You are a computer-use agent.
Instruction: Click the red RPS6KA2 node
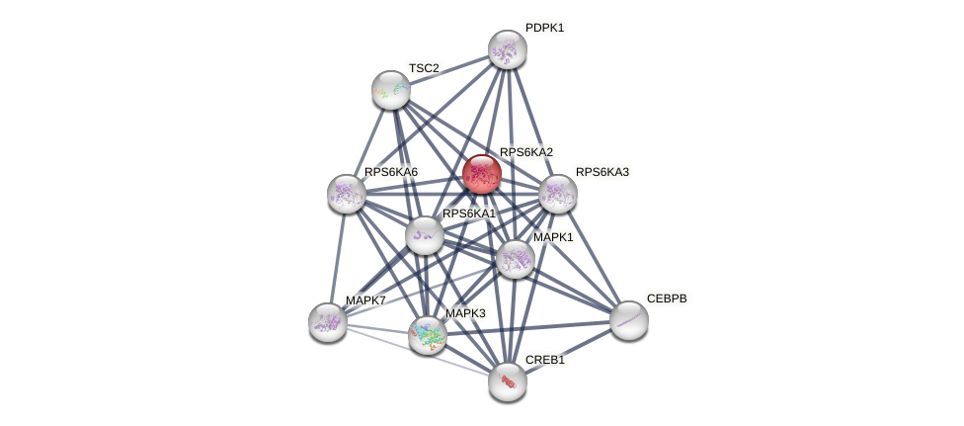[482, 174]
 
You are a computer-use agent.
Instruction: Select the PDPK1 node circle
[508, 49]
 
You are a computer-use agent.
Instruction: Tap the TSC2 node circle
[391, 90]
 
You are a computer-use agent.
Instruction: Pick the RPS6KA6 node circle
[347, 194]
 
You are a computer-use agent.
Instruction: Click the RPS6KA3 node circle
[558, 194]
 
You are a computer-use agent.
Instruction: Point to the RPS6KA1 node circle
[425, 235]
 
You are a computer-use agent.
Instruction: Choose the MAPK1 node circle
[516, 259]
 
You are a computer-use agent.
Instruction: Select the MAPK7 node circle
[328, 322]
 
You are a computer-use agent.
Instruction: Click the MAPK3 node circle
[428, 335]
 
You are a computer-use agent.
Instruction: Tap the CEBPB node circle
[629, 320]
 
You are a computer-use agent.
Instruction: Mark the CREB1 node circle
[508, 382]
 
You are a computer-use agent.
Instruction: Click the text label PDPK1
[544, 28]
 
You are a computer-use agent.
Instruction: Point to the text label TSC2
[424, 68]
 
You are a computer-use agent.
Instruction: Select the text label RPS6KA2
[526, 152]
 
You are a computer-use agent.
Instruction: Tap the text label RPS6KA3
[602, 172]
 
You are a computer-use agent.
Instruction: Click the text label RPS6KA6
[391, 172]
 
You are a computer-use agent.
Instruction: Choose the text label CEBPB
[667, 298]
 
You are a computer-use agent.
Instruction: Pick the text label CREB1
[545, 360]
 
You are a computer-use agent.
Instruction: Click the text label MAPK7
[365, 300]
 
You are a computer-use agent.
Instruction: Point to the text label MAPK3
[465, 313]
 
